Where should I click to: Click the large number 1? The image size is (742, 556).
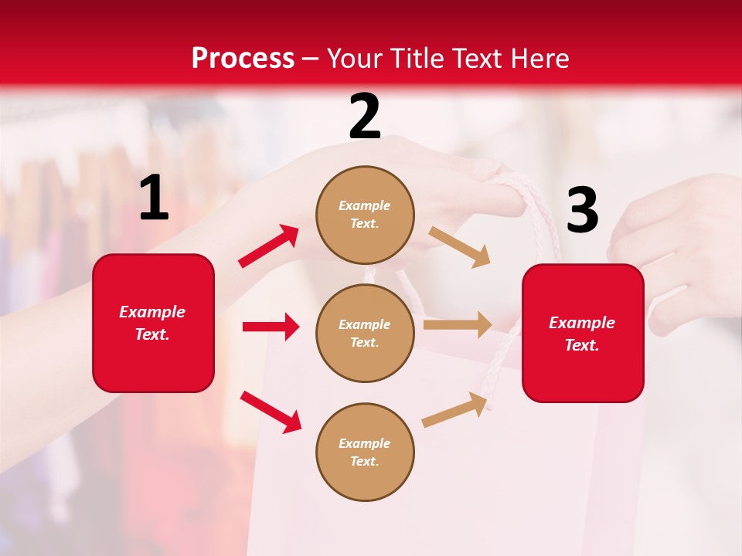154,198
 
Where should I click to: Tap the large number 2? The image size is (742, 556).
365,117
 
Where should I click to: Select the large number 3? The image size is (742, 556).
582,210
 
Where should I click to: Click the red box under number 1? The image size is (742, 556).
153,323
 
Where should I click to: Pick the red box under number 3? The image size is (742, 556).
583,334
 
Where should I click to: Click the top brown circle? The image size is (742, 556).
365,215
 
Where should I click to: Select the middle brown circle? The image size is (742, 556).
365,333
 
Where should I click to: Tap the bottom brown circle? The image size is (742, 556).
365,452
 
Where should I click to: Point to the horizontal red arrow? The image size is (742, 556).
271,327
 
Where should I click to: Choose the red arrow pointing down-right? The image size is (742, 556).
271,411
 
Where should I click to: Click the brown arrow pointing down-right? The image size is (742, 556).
459,246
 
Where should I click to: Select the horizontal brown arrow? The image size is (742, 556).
457,324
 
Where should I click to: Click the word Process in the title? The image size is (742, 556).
243,59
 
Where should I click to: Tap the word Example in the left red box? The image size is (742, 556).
152,312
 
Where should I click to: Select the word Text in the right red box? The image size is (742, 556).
581,345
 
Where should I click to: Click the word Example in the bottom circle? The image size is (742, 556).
365,443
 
